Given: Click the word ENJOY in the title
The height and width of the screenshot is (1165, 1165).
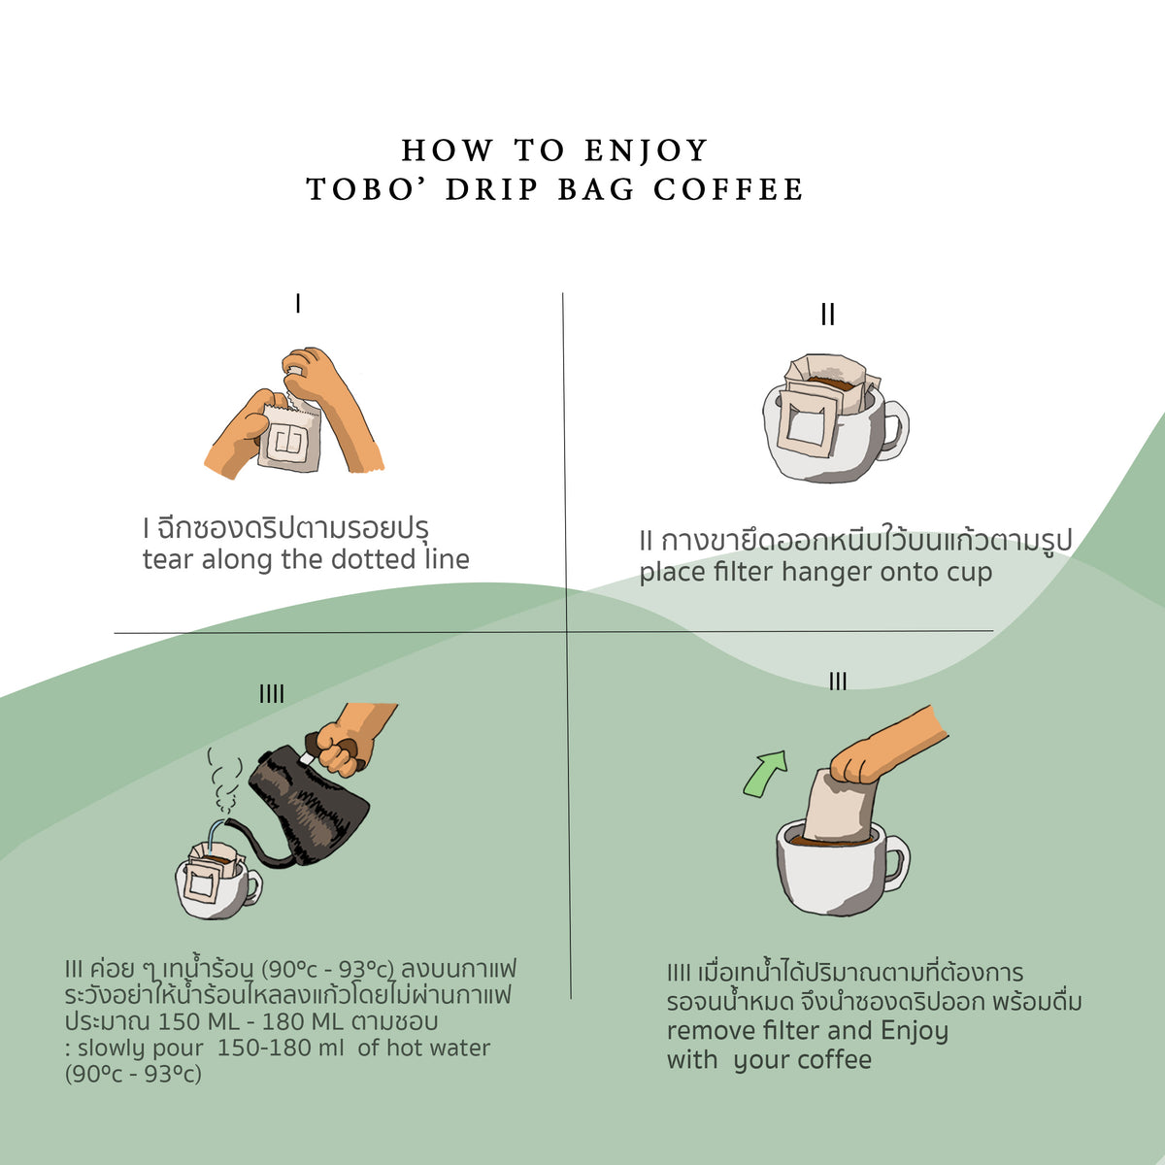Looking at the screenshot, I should (x=647, y=150).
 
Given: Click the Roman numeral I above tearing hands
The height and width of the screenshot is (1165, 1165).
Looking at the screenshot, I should (x=298, y=304).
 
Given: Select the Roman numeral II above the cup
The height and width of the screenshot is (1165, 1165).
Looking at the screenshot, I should (x=827, y=315).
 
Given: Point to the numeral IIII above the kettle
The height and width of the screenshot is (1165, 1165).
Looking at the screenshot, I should (x=272, y=693).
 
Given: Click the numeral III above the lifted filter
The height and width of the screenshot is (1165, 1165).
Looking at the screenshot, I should (x=838, y=682).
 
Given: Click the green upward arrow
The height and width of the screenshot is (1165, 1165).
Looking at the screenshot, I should (x=765, y=773).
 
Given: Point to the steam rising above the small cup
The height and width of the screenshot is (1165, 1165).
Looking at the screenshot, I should (x=226, y=782).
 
